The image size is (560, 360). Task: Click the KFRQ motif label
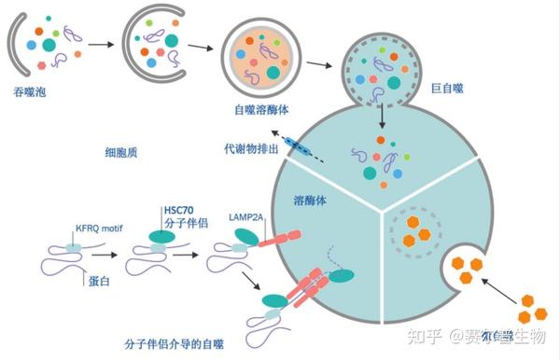[x=95, y=227]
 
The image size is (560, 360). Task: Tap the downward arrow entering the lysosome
[x=383, y=118]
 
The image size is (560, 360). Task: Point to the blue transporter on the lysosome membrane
[x=301, y=145]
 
